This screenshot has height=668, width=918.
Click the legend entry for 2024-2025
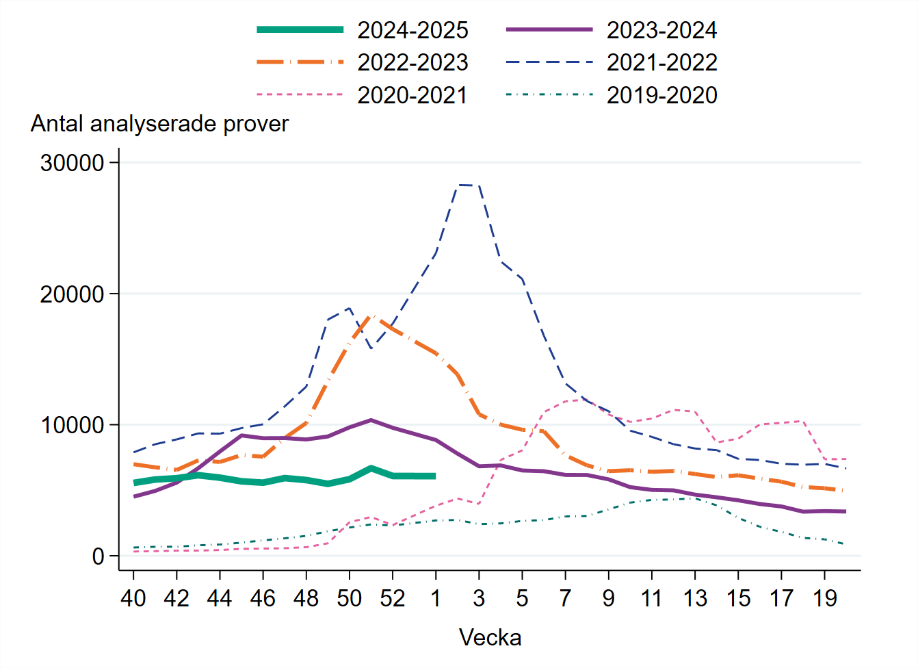412,30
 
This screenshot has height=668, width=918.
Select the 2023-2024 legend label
661,30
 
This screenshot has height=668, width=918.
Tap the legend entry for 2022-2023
412,62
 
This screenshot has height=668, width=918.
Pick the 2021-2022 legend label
661,62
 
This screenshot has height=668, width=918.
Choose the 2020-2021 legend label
412,94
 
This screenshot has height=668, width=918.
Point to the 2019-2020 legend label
661,94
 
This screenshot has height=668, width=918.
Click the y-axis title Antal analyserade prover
159,124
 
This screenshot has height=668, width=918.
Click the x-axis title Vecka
490,637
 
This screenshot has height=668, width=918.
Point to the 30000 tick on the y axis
72,163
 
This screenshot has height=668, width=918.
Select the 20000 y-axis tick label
72,294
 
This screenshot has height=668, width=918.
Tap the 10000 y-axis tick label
72,425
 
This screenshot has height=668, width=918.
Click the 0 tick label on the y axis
98,556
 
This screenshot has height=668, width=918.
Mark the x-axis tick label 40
133,598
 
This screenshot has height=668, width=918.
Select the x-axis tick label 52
392,598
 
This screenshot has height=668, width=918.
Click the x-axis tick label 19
824,598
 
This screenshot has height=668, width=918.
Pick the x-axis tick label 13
695,598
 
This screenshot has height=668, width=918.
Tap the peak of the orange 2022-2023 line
371,316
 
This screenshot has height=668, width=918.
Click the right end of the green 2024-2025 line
435,476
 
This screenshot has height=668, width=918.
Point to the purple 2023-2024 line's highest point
371,420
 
